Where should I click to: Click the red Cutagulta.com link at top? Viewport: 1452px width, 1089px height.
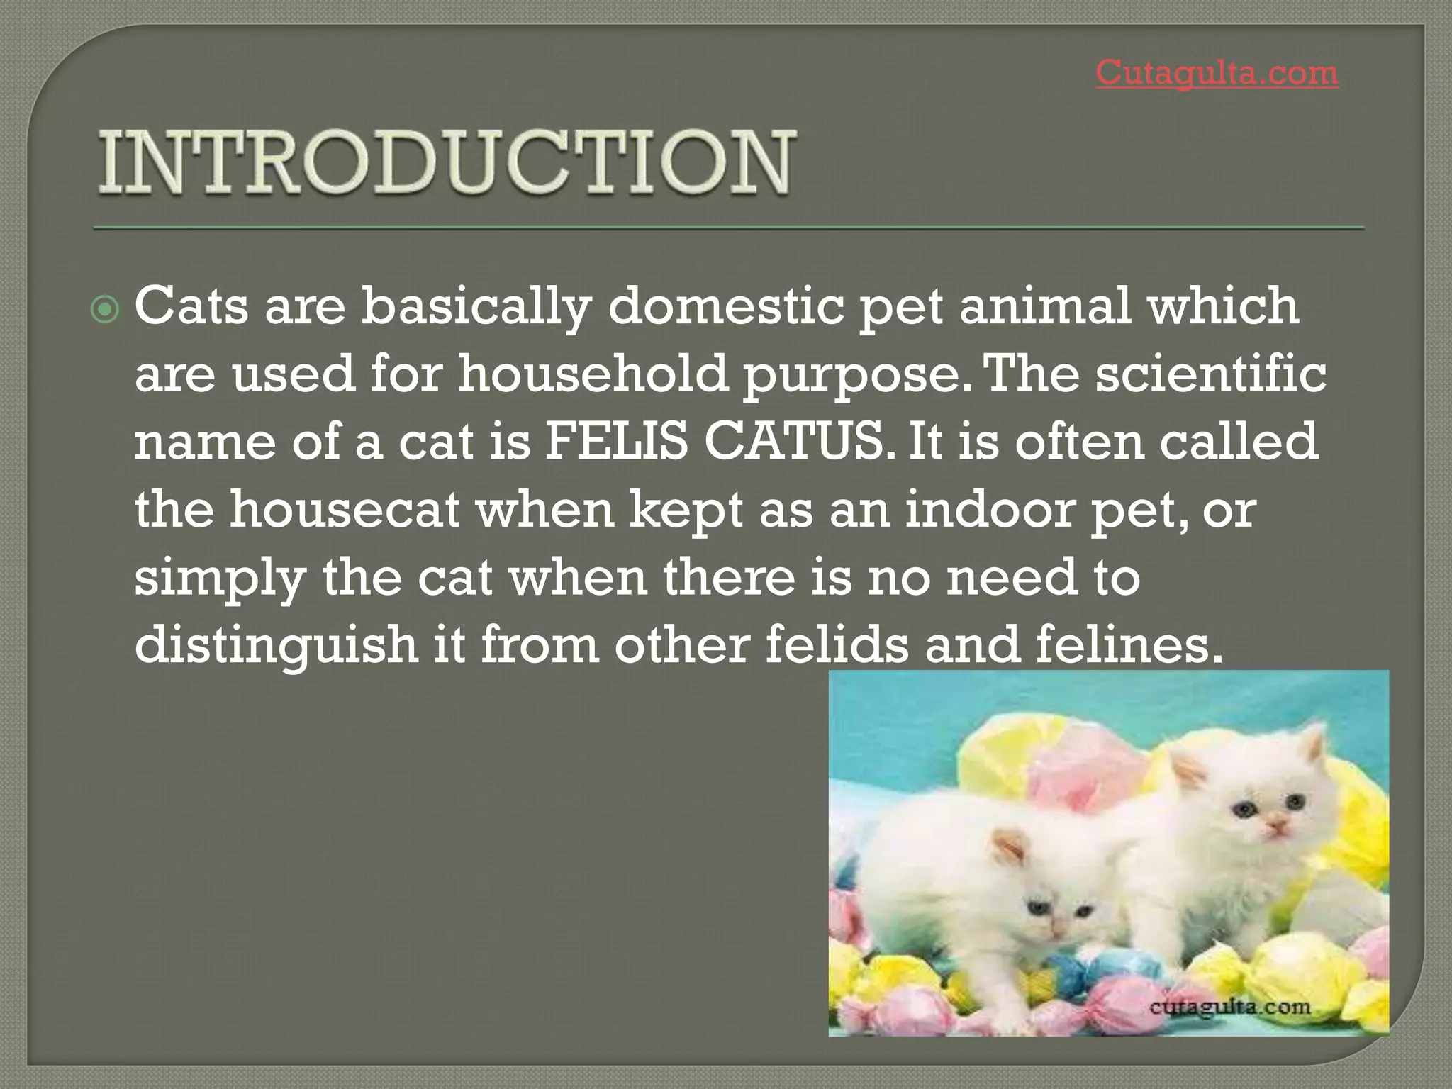1217,73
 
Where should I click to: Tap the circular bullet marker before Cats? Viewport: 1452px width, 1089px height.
106,310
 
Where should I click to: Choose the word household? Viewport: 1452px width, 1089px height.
593,374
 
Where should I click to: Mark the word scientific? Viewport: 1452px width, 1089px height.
1211,374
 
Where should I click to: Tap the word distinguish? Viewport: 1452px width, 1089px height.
276,645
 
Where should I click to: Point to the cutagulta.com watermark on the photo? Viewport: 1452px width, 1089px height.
1230,1007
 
